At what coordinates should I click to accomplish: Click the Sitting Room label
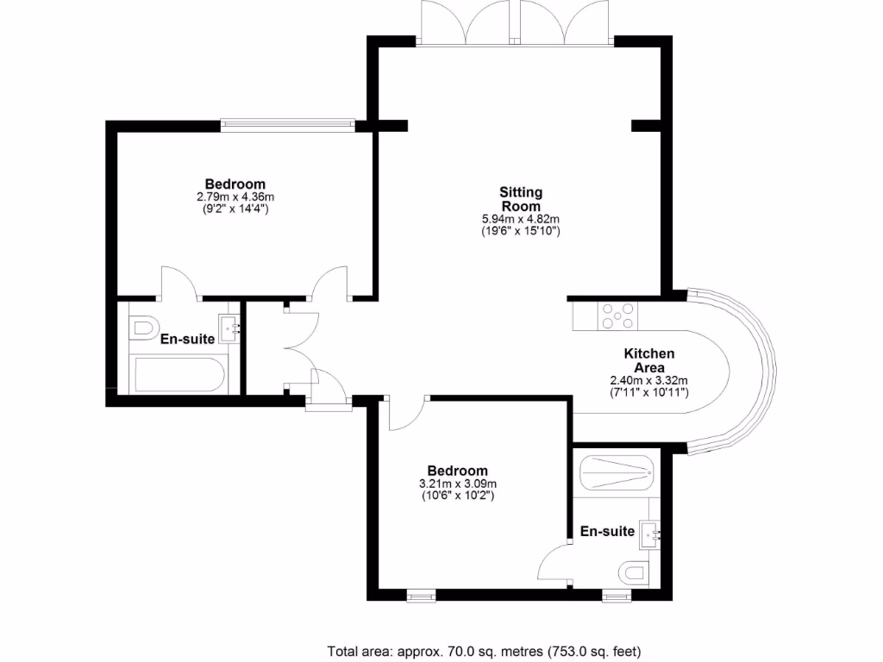pos(521,199)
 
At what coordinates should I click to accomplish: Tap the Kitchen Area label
pos(648,360)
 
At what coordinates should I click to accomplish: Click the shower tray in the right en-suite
pos(617,472)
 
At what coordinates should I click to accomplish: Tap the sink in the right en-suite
pos(648,534)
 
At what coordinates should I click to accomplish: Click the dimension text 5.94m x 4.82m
pos(521,219)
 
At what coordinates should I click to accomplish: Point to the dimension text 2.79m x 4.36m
pos(235,197)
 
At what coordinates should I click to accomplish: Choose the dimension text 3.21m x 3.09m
pos(458,484)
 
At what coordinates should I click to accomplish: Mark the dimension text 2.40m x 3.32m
pos(648,380)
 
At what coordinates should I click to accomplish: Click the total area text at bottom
pos(484,650)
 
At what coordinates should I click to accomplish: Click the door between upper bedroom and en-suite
pos(178,284)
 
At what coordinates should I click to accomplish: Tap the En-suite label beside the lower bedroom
pos(607,531)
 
